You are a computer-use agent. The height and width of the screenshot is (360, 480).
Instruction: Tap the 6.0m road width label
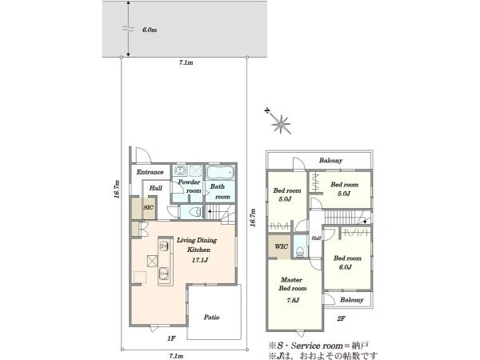point(150,30)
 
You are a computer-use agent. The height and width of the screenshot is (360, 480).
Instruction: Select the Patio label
point(211,318)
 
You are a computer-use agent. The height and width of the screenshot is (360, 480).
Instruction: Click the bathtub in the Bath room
point(221,172)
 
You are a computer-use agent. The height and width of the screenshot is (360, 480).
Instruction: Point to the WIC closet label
point(281,246)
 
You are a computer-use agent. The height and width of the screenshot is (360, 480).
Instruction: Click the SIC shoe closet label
point(149,207)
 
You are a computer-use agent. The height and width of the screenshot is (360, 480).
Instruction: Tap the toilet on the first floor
point(194,212)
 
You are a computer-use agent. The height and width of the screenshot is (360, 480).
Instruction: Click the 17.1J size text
point(200,260)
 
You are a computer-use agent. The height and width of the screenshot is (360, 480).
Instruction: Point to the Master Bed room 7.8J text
point(292,290)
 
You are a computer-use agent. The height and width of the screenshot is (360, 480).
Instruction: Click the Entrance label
point(150,172)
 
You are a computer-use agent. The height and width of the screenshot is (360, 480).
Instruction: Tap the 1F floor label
point(171,338)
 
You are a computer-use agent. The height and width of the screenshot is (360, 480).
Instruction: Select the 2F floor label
point(342,318)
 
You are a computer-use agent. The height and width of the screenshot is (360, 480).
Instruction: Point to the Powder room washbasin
point(180,170)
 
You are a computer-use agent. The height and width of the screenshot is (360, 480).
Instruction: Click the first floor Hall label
point(155,188)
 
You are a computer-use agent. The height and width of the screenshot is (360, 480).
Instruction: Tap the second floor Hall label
point(316,238)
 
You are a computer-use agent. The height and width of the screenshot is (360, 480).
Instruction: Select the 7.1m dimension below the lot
point(176,356)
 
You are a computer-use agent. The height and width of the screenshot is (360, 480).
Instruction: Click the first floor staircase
point(220,214)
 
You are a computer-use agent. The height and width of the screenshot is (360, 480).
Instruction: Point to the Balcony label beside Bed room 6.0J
point(352,300)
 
